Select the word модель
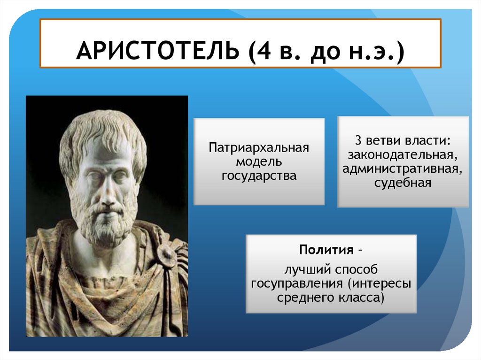[259, 161]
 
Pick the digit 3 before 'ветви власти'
[358, 140]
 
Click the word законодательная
[403, 155]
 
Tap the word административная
[402, 169]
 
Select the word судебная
[403, 183]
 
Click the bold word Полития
[326, 250]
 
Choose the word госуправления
[297, 284]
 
